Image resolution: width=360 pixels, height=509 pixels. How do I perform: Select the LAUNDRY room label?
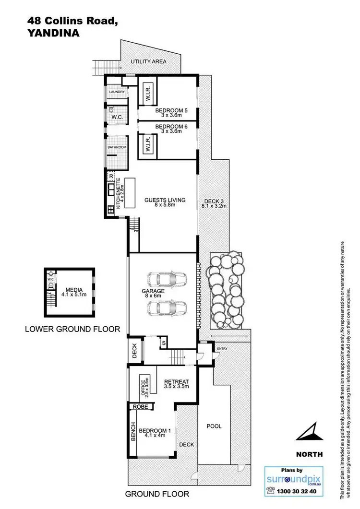(x=116, y=93)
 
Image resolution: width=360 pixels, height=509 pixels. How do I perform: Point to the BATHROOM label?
(x=117, y=147)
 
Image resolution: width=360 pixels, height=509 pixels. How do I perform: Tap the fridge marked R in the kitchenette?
(x=111, y=176)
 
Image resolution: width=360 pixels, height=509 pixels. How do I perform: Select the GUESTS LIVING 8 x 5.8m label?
(x=165, y=203)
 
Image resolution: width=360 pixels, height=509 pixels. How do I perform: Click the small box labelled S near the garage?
(x=164, y=343)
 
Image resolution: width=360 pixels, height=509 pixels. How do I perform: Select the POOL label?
(x=214, y=426)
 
